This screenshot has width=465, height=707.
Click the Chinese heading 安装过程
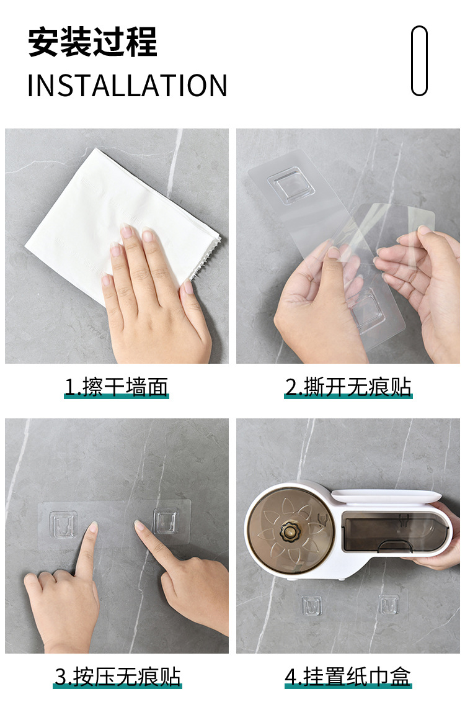pos(92,43)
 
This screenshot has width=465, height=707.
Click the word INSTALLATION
pos(127,86)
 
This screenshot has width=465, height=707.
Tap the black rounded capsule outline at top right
pos(420,61)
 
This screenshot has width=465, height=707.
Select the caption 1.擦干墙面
pos(117,387)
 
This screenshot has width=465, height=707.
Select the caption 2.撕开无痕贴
pos(348,387)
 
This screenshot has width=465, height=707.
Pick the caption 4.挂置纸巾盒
pos(348,676)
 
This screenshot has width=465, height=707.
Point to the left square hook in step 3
pos(63,525)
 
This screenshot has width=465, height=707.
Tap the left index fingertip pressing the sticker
pos(92,528)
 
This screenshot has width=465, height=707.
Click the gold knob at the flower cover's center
pos(288,532)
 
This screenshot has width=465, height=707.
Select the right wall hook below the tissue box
pos(389,603)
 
